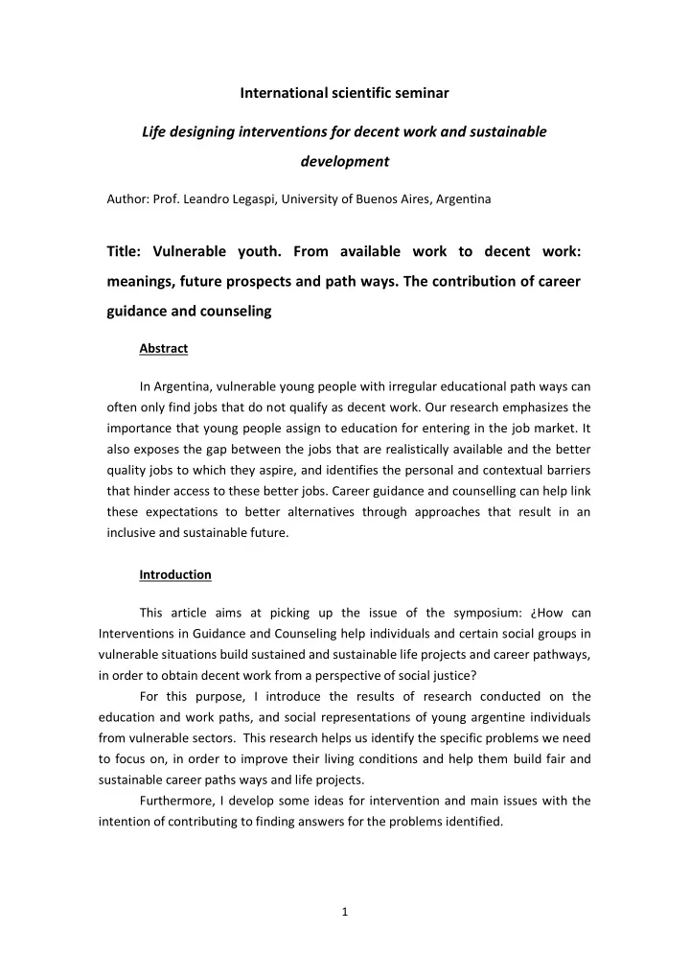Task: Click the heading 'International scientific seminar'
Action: [344, 93]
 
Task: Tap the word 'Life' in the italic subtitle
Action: [155, 131]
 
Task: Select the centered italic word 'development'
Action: [344, 161]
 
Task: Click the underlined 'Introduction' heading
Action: [175, 574]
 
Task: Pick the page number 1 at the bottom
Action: [345, 911]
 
